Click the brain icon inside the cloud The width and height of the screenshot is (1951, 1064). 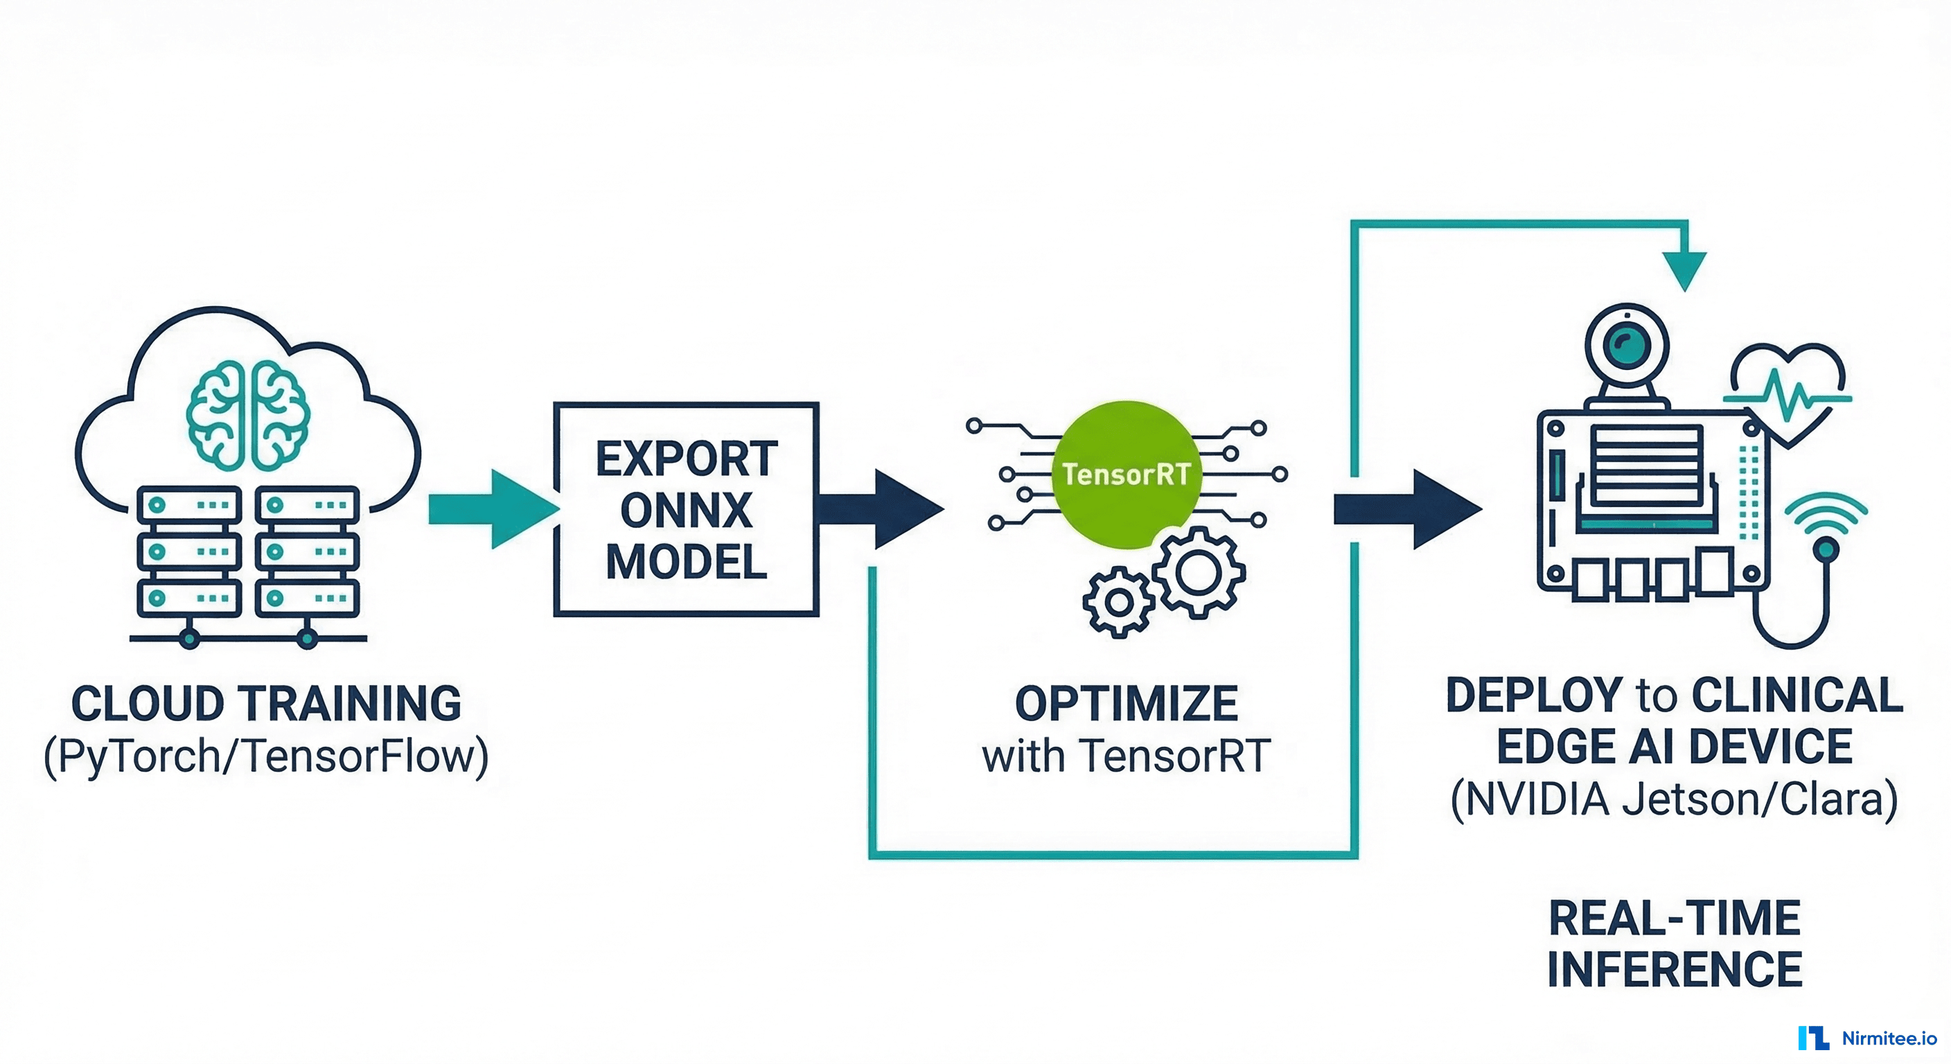tap(247, 415)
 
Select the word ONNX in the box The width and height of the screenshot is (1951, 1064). tap(686, 511)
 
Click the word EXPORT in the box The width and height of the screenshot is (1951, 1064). tap(686, 459)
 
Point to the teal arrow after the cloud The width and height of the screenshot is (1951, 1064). tap(493, 509)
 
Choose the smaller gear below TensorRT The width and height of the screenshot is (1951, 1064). tap(1119, 603)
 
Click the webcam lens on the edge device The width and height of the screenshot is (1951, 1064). tap(1625, 346)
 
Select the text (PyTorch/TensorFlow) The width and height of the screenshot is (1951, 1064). tap(266, 756)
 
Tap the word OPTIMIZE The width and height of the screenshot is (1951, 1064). tap(1127, 704)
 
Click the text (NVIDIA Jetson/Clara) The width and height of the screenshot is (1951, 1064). tap(1675, 799)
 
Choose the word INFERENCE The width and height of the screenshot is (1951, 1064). tap(1675, 969)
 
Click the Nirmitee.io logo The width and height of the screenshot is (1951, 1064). tap(1867, 1038)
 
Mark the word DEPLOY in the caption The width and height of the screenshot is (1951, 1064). tap(1534, 695)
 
